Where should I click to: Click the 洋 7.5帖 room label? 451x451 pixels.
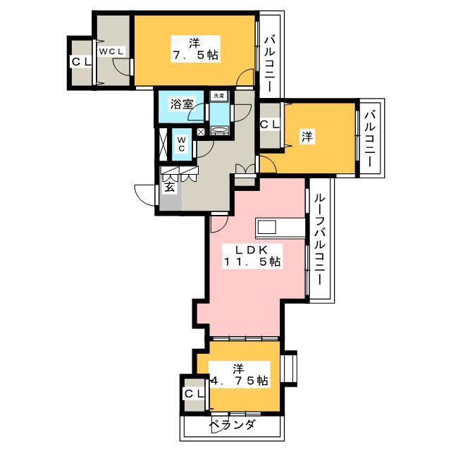pyautogui.click(x=196, y=49)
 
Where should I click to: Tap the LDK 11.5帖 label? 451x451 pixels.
pyautogui.click(x=252, y=256)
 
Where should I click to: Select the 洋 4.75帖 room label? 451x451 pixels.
pyautogui.click(x=240, y=374)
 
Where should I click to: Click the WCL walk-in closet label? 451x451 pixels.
pyautogui.click(x=111, y=51)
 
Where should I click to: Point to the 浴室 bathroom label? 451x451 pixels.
pyautogui.click(x=182, y=104)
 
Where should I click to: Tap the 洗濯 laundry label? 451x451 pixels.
pyautogui.click(x=219, y=96)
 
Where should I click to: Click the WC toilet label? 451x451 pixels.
pyautogui.click(x=181, y=144)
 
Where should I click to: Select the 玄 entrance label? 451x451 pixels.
pyautogui.click(x=170, y=187)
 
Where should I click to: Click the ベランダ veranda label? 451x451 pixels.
pyautogui.click(x=232, y=424)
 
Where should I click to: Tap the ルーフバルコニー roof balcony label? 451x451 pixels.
pyautogui.click(x=319, y=240)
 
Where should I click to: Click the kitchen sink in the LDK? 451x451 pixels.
pyautogui.click(x=267, y=227)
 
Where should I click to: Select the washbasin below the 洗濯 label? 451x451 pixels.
pyautogui.click(x=219, y=130)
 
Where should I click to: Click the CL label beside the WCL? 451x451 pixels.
pyautogui.click(x=81, y=61)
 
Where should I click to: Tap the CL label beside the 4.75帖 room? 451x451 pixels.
pyautogui.click(x=194, y=393)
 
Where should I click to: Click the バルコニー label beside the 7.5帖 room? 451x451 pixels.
pyautogui.click(x=270, y=64)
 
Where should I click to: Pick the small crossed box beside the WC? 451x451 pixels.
pyautogui.click(x=201, y=132)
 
